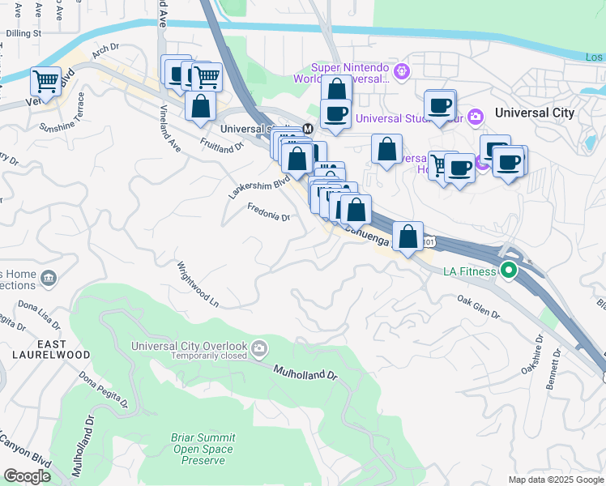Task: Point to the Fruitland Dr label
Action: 223,143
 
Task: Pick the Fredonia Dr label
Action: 268,216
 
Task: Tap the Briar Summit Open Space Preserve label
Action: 202,449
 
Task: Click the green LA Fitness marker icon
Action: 509,271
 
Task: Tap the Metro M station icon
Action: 308,129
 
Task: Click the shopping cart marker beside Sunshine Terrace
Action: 45,82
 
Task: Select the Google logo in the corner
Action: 27,475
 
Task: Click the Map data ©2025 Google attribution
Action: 556,480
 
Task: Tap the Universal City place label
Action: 533,113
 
